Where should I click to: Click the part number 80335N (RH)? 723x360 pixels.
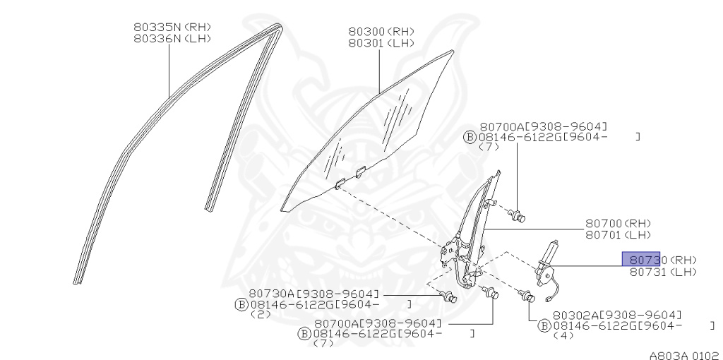(172, 27)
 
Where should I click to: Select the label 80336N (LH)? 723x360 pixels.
(172, 39)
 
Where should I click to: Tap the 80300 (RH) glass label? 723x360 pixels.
(381, 32)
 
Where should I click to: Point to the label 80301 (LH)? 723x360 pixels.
(381, 43)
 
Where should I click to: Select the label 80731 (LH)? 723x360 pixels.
(663, 272)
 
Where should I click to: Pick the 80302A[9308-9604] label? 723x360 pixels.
(617, 315)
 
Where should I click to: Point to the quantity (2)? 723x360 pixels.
(260, 315)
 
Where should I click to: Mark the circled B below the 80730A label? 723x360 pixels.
(240, 304)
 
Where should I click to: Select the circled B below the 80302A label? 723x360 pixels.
(544, 325)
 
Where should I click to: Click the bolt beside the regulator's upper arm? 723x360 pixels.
(519, 214)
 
